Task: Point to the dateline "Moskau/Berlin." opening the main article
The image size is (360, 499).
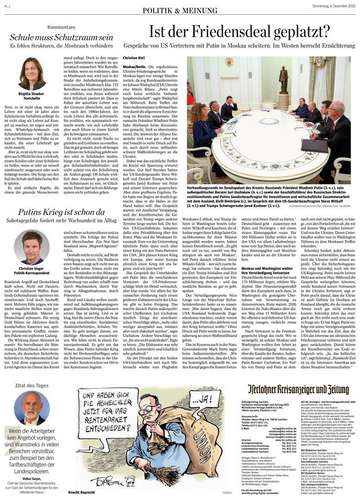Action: (136, 67)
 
